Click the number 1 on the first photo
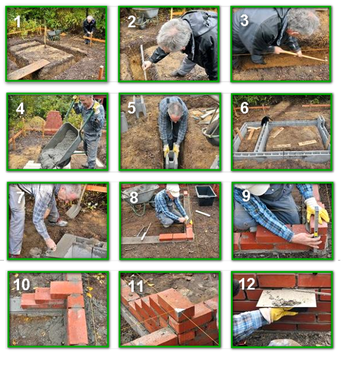[17, 21]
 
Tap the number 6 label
[244, 108]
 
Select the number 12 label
[247, 284]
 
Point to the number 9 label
[246, 196]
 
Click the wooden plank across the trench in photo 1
[29, 69]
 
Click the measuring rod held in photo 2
[143, 63]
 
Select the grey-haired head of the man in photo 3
[303, 22]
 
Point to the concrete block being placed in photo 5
[171, 159]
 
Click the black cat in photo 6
[266, 119]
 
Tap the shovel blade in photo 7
[74, 211]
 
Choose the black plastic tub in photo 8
[206, 195]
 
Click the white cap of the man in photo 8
[173, 190]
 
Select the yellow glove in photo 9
[318, 211]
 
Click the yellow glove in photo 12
[279, 313]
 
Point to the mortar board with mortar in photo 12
[287, 299]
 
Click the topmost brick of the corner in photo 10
[66, 288]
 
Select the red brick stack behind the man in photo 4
[53, 122]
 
